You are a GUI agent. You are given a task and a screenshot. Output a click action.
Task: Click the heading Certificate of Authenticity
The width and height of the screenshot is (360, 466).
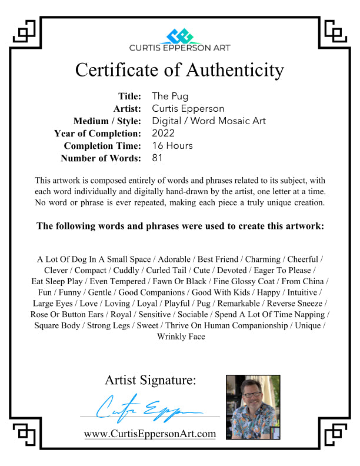pos(179,70)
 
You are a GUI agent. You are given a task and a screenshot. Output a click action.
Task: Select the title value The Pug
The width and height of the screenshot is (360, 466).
pos(171,96)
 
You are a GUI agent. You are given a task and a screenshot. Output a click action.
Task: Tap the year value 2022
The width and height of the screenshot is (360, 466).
pos(163,133)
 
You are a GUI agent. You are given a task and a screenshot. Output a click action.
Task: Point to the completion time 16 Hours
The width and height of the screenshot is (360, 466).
pos(172,145)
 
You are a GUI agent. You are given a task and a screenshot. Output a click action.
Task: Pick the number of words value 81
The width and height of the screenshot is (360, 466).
pos(157,158)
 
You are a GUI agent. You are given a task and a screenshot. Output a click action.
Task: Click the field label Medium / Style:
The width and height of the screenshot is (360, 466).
pos(107,121)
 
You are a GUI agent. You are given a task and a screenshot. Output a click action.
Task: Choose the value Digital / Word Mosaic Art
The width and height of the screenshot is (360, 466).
pos(209,121)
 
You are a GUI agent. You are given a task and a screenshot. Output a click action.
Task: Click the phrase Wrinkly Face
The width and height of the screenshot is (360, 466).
pos(181,337)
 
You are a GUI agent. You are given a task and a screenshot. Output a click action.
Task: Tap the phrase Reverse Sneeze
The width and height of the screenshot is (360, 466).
pos(295,303)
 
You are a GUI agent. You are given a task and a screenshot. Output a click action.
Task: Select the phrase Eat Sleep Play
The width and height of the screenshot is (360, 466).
pos(57,281)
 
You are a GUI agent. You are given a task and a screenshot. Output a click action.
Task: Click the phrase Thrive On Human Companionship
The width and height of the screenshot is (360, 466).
pos(242,325)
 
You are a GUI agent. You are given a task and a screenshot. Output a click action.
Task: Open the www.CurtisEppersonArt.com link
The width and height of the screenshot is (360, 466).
pos(150,434)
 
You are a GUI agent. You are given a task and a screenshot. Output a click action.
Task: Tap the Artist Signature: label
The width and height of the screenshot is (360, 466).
pos(151,380)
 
